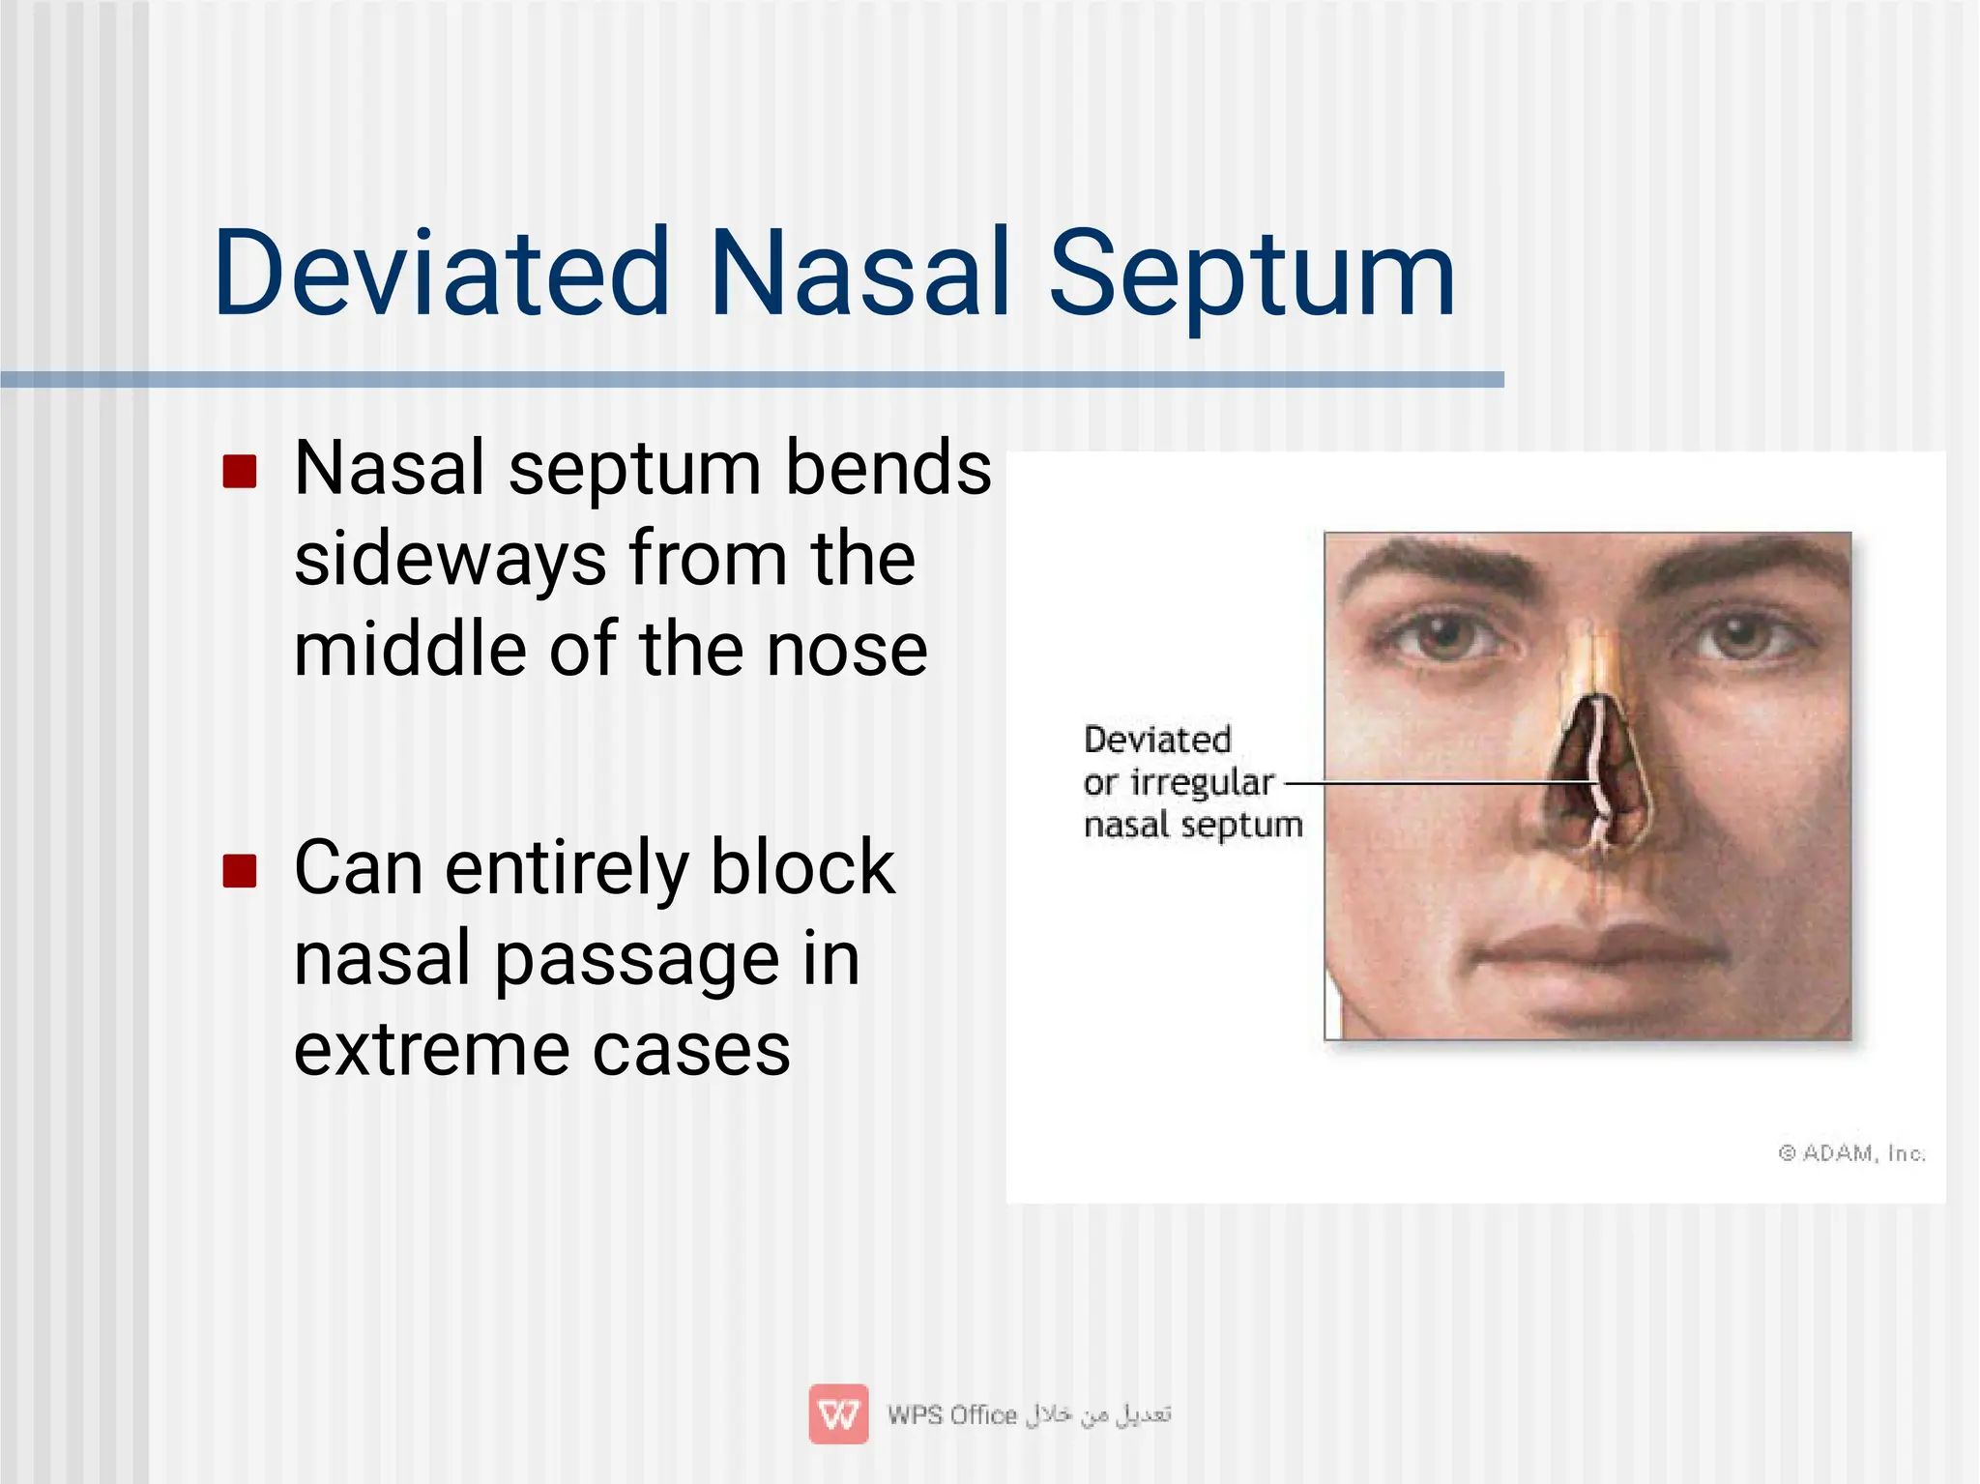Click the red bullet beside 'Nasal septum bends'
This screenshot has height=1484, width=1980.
click(239, 472)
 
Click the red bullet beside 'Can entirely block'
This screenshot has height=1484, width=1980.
click(239, 870)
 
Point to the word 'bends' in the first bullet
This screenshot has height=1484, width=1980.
click(888, 468)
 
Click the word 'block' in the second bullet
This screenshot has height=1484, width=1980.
click(801, 866)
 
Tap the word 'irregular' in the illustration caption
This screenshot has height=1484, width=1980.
click(1202, 783)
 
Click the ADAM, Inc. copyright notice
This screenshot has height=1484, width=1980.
click(1851, 1153)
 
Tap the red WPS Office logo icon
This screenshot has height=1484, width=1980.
click(838, 1414)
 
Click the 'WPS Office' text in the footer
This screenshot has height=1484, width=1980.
click(952, 1415)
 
